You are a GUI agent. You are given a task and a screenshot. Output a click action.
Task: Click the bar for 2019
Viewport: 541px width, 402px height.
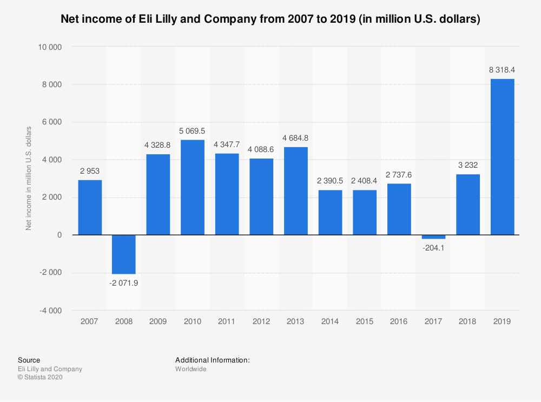point(502,157)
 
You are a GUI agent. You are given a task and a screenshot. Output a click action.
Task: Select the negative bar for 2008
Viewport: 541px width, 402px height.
point(124,254)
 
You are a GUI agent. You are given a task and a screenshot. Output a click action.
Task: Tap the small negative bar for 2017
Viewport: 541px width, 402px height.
point(433,237)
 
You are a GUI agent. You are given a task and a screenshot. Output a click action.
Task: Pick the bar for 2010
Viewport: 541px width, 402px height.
point(193,187)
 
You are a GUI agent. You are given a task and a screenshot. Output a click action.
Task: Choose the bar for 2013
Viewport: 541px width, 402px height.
point(296,191)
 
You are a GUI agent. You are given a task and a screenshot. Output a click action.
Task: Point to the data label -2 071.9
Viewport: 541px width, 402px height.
point(124,283)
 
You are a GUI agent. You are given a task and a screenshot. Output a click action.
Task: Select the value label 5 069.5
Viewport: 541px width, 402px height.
point(193,130)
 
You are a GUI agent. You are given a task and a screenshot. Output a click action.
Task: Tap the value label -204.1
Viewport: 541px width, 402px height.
point(433,248)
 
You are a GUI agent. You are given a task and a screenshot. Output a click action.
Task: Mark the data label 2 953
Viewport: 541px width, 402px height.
point(90,171)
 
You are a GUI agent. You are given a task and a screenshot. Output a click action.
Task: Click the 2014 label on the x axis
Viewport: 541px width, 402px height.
point(330,321)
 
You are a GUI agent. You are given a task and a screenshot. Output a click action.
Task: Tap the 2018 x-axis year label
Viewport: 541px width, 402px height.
point(468,321)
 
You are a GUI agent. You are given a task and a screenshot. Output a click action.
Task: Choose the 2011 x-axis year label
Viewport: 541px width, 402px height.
point(227,321)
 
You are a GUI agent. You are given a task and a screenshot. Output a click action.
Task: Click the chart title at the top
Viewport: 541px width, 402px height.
point(270,19)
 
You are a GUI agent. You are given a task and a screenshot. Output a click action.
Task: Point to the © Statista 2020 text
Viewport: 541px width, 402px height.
point(41,378)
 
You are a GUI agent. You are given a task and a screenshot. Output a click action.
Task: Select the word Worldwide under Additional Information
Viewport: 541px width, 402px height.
point(191,369)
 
